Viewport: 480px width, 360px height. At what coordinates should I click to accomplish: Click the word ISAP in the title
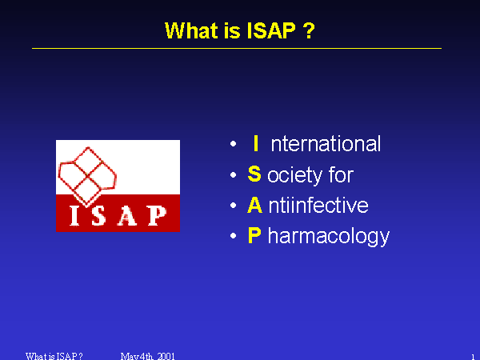(271, 30)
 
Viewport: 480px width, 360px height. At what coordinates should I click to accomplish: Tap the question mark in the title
(309, 30)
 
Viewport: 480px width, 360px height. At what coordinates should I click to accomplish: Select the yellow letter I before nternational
(256, 143)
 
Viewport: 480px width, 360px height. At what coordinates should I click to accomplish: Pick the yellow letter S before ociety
(254, 174)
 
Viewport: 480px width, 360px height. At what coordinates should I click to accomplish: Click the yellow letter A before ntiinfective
(254, 205)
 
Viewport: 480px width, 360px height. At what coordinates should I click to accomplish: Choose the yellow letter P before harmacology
(254, 235)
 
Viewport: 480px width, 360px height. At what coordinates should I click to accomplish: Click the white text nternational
(326, 143)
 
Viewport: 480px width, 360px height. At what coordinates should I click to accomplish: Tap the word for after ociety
(341, 174)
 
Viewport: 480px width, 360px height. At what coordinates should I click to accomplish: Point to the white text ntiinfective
(318, 205)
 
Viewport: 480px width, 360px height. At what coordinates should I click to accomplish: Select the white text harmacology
(329, 236)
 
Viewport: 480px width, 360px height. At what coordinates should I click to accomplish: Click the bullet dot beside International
(233, 143)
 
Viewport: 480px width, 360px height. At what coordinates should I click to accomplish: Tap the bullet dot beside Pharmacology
(233, 236)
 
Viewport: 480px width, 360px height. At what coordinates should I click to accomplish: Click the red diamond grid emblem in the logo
(87, 177)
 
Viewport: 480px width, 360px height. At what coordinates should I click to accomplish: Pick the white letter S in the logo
(98, 215)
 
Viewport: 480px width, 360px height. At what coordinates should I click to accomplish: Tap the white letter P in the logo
(157, 215)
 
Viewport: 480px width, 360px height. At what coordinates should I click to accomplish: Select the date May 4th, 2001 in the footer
(147, 356)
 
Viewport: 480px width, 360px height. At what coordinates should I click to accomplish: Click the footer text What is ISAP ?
(54, 356)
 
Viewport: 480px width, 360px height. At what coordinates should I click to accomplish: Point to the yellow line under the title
(237, 48)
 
